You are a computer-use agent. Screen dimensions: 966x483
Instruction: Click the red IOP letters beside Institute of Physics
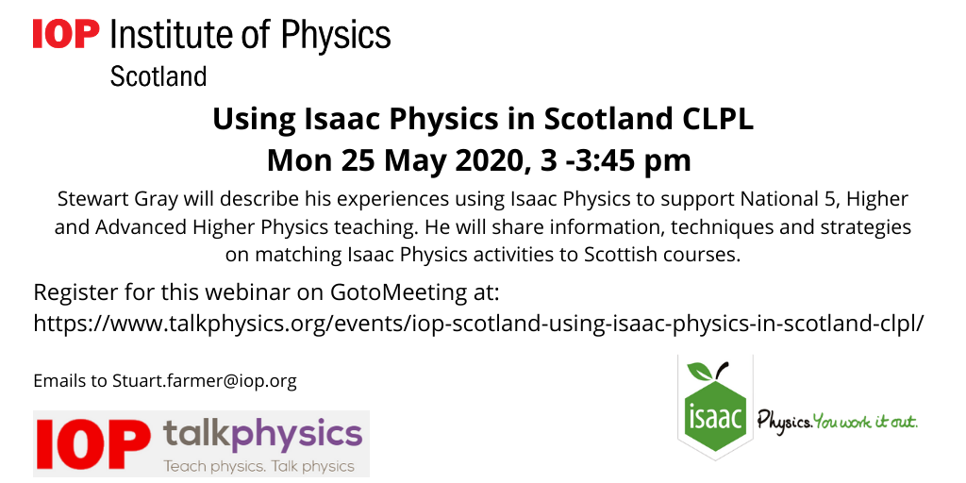pos(66,33)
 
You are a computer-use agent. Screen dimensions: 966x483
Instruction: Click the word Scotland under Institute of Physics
pos(158,77)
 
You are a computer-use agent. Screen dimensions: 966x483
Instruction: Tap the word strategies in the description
pos(862,227)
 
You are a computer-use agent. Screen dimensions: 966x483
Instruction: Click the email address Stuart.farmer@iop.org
pos(204,381)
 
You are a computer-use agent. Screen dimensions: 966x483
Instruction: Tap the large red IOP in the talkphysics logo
pos(92,443)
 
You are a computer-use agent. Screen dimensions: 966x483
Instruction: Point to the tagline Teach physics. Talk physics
pos(258,466)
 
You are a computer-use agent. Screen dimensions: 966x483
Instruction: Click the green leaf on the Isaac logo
pos(700,372)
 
